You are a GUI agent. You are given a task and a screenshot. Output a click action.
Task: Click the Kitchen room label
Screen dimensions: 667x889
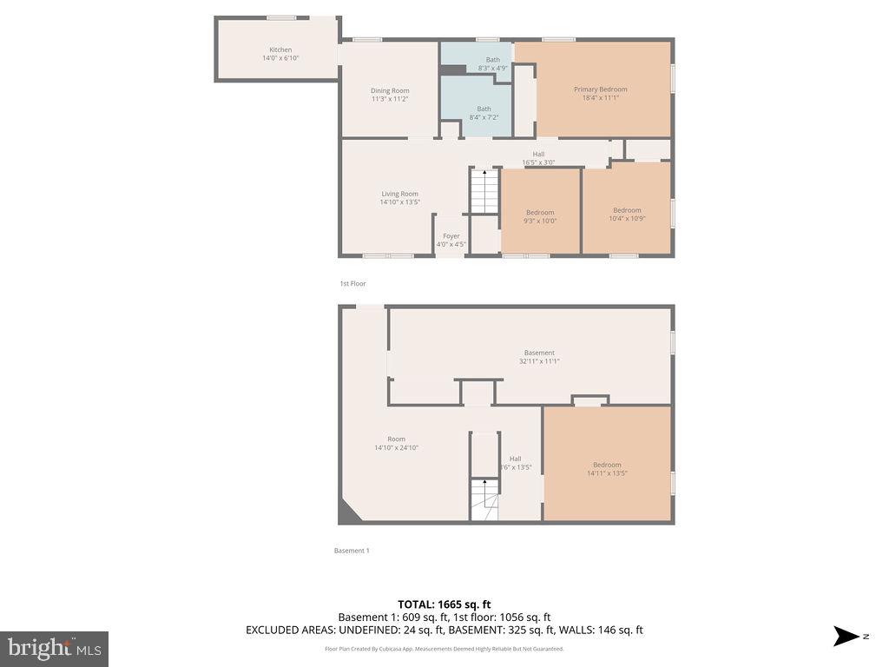coord(280,50)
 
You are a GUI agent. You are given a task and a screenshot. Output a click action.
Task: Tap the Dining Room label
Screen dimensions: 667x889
coord(390,91)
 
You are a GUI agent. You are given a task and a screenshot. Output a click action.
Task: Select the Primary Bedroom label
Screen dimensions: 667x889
coord(600,89)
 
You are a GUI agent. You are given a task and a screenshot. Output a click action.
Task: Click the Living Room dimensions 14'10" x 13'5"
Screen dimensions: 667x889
coord(399,202)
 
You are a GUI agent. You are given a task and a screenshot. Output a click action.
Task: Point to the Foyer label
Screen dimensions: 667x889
coord(451,236)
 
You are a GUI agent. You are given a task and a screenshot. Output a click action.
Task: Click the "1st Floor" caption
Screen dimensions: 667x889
coord(352,284)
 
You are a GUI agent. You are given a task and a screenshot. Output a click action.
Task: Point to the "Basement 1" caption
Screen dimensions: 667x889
coord(352,551)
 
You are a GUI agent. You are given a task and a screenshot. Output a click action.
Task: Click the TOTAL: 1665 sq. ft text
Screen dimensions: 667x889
coord(444,604)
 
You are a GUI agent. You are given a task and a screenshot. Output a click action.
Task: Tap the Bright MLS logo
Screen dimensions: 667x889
coord(54,648)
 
